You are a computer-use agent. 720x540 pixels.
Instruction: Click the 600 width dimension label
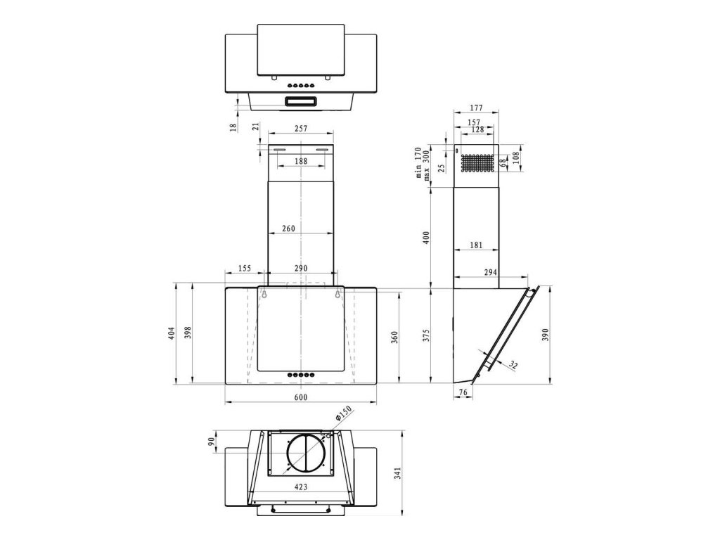[300, 398]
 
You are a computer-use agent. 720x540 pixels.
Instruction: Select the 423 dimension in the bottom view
[300, 486]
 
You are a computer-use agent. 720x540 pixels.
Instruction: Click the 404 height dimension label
[172, 333]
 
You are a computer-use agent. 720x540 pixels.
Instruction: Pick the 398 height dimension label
[187, 333]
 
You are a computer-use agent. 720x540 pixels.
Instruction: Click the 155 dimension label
[245, 269]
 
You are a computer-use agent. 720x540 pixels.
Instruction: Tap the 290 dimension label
[300, 269]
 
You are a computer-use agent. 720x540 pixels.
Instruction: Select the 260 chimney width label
[288, 229]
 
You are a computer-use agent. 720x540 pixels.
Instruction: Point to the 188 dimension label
[300, 162]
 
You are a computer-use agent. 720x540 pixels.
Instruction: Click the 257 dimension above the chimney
[300, 129]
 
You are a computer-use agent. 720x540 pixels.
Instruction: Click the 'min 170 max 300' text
[421, 163]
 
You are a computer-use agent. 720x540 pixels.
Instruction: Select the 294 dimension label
[491, 272]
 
